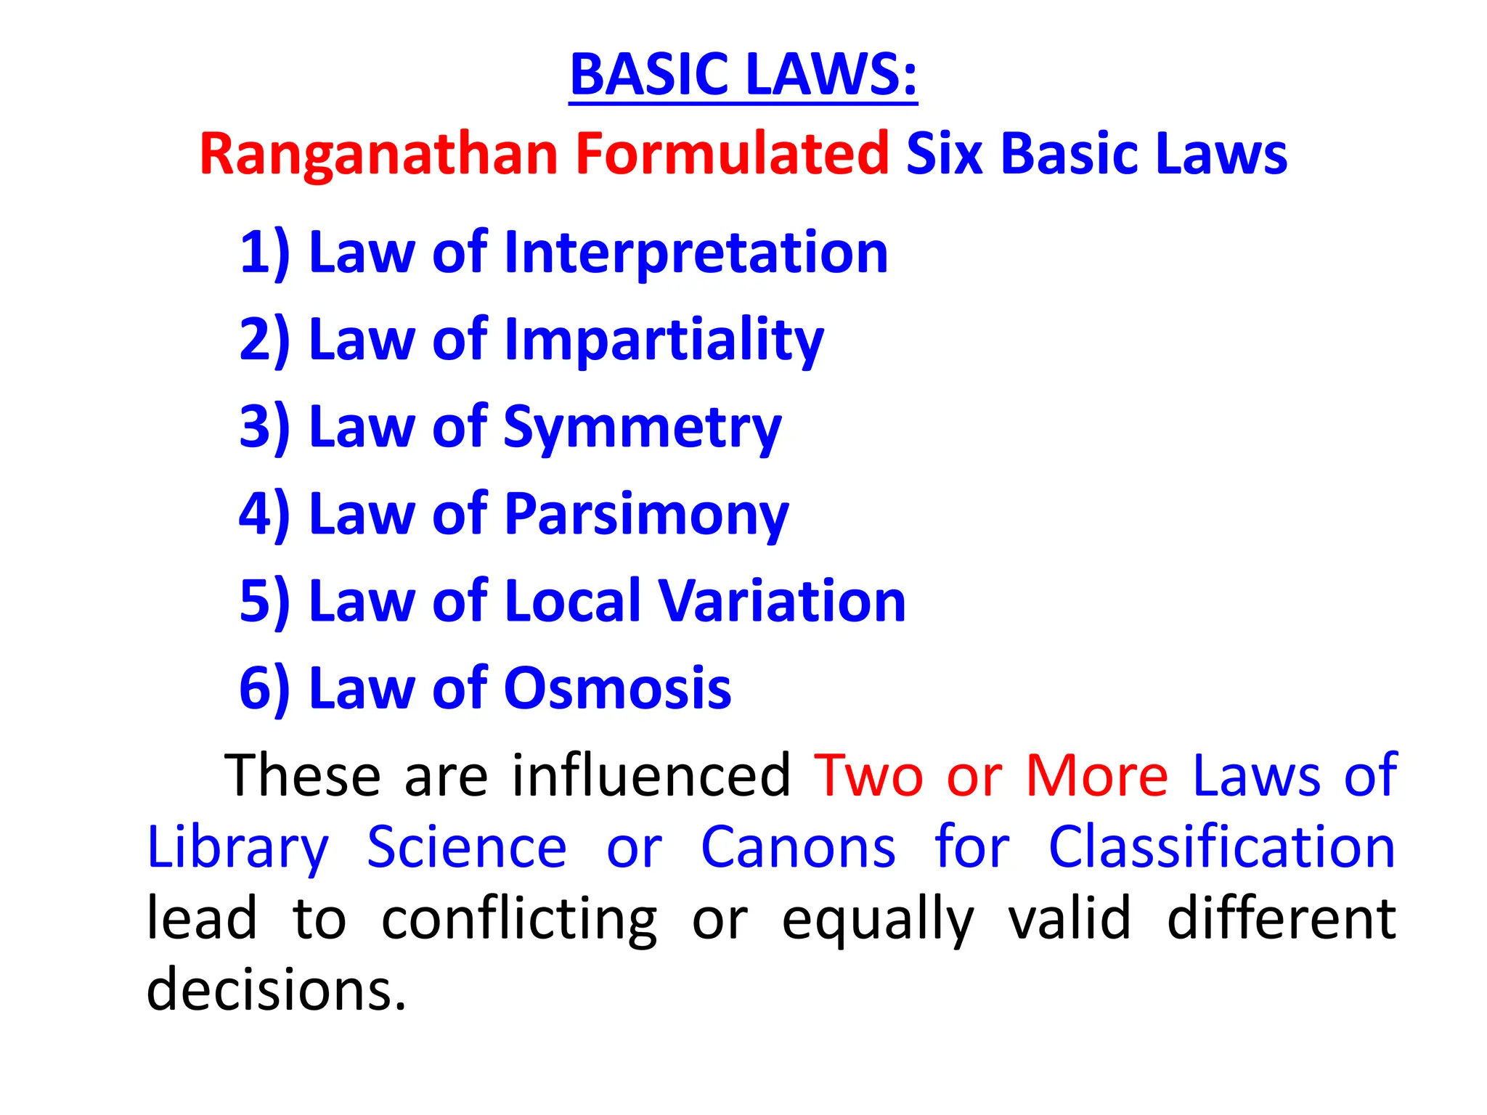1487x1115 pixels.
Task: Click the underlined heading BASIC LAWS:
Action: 743,75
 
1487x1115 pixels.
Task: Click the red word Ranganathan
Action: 378,154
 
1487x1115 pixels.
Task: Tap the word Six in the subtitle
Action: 944,154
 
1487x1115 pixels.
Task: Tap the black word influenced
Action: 651,775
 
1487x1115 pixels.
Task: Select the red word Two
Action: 868,775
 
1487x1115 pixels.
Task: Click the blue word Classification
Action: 1221,847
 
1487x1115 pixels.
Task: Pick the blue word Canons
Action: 798,847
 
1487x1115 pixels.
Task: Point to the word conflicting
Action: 519,919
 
